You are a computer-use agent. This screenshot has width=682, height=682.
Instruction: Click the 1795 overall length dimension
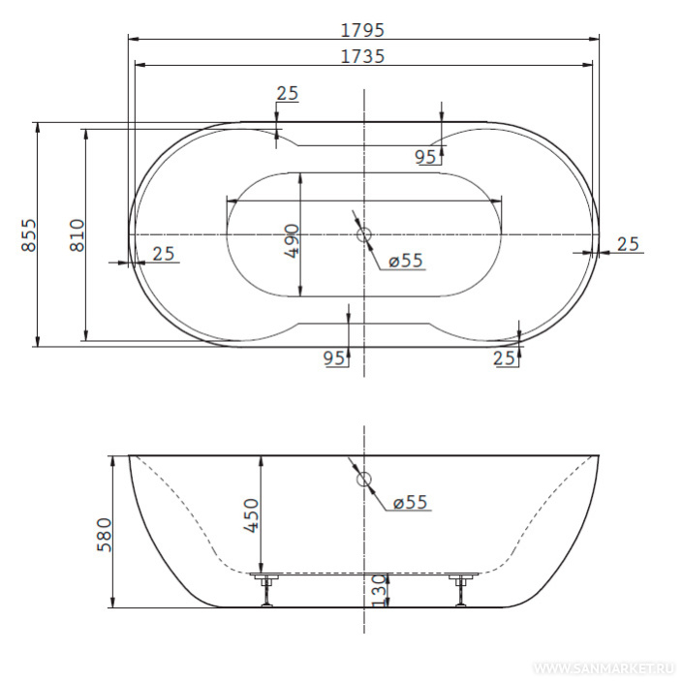coord(362,30)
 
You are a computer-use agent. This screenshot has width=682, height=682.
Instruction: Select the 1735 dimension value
coord(362,56)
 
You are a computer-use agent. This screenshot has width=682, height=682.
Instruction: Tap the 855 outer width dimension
coord(30,234)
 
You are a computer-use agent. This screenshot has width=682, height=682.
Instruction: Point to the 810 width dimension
coord(77,234)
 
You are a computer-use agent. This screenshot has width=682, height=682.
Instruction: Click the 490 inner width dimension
coord(293,241)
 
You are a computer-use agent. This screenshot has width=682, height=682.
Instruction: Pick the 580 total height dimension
coord(105,535)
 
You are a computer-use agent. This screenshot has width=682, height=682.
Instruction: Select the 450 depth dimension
coord(252,515)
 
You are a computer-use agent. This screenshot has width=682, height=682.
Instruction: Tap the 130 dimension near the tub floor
coord(380,590)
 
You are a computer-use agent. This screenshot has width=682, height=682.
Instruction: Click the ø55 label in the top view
coord(405,261)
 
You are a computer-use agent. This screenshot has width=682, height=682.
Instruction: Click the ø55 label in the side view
coord(410,502)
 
